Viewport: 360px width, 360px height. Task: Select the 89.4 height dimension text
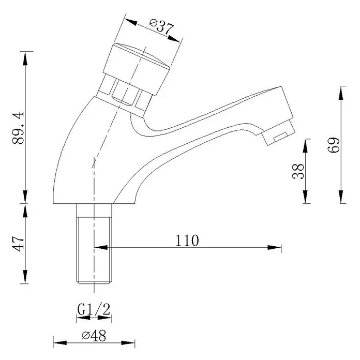pos(18,128)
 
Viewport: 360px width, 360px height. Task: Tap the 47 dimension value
pos(19,243)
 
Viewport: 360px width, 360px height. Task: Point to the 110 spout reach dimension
pos(187,241)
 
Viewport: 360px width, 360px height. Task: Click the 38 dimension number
pos(298,171)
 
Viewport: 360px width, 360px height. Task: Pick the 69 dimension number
pos(334,145)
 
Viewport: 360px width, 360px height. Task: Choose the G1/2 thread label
pos(94,309)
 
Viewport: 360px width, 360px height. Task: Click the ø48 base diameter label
pos(94,335)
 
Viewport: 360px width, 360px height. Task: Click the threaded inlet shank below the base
pos(94,244)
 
